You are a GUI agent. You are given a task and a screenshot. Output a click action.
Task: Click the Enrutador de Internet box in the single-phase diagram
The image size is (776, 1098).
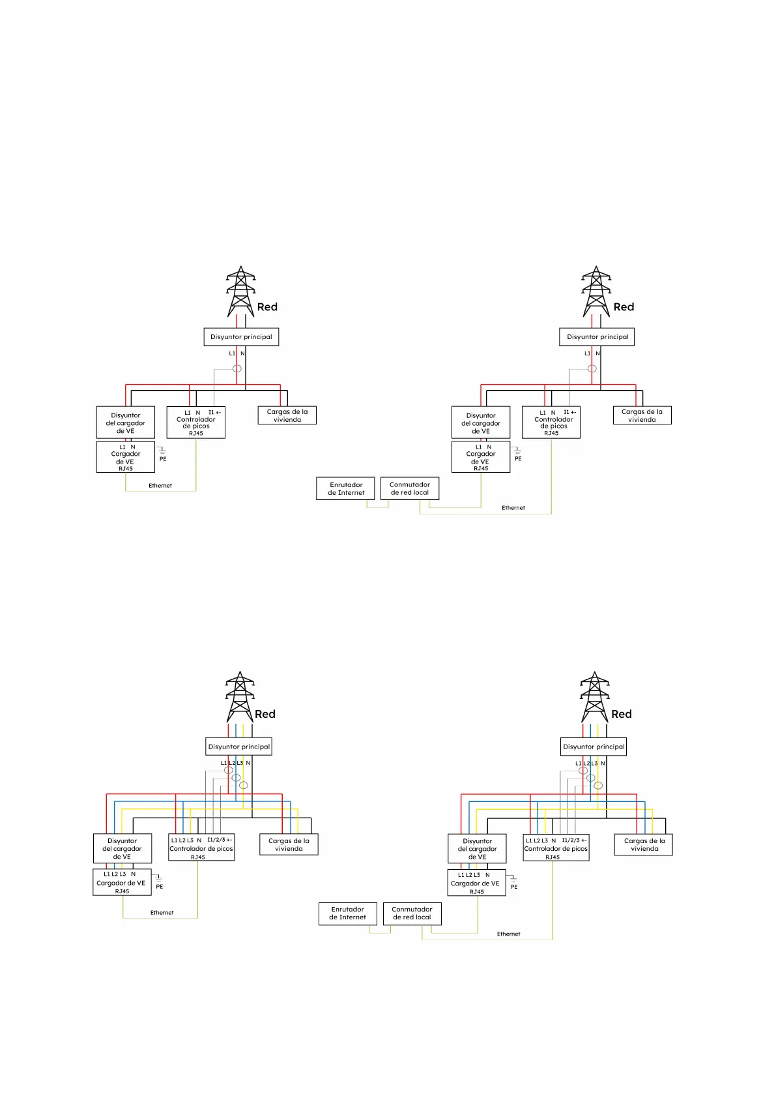(346, 488)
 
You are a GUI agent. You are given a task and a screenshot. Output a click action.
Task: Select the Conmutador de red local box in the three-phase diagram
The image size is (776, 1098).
(412, 913)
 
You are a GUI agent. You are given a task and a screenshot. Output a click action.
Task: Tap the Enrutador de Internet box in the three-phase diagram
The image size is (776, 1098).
(347, 913)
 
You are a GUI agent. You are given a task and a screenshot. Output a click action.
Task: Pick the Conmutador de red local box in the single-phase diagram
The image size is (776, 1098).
(410, 488)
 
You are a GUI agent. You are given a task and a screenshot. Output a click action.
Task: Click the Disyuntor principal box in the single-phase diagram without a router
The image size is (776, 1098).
(241, 337)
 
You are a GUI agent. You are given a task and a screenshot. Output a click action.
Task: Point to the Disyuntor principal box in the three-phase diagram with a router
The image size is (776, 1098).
(594, 747)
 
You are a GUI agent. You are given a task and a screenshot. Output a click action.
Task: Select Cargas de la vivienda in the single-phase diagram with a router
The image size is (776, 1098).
(642, 415)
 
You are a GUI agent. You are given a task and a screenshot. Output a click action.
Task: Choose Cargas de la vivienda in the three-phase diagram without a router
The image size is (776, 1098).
(289, 844)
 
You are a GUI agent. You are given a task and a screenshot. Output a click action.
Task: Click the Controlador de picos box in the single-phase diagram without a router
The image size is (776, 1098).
(196, 423)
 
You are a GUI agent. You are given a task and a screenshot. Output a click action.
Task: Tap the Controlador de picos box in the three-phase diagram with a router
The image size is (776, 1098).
(556, 848)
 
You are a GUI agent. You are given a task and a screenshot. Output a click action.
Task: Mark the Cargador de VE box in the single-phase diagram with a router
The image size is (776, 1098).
(481, 457)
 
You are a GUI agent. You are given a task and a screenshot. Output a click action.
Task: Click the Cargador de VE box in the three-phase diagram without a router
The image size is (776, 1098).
(122, 882)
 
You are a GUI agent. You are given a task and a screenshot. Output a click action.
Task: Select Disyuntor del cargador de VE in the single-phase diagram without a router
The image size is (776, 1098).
(126, 423)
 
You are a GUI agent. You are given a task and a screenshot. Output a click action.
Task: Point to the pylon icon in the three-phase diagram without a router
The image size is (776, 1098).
(240, 696)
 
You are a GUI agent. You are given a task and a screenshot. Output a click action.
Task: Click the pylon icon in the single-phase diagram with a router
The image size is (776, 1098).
(596, 291)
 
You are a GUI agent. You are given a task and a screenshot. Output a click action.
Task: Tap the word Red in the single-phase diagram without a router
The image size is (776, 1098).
(267, 307)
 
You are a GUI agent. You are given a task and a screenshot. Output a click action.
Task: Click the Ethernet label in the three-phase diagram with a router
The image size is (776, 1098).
(509, 934)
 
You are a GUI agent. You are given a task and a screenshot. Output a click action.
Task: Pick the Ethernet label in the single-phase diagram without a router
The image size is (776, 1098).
(160, 486)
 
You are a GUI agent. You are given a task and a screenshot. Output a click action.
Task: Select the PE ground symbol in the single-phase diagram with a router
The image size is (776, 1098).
(518, 451)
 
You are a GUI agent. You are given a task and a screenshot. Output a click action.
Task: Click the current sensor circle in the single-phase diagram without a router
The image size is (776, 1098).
(237, 369)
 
